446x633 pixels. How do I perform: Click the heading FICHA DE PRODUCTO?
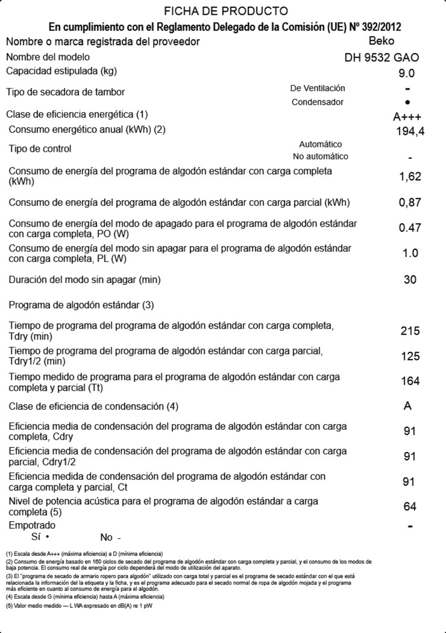(226, 11)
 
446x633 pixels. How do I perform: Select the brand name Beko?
(382, 41)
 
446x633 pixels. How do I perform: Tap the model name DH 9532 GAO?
(382, 58)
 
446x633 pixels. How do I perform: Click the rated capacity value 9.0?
(407, 73)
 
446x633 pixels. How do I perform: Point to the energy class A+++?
(407, 117)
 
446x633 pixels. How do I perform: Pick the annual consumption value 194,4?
(410, 132)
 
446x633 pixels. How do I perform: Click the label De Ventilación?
(318, 88)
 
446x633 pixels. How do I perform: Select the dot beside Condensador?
(407, 102)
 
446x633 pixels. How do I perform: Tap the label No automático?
(320, 156)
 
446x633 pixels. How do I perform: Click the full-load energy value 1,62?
(410, 177)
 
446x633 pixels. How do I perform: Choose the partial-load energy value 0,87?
(410, 203)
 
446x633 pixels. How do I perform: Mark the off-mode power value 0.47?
(410, 228)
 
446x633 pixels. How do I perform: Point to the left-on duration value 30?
(410, 280)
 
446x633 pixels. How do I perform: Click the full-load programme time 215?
(410, 331)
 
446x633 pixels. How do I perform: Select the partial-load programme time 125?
(410, 356)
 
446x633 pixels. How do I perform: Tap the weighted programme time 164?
(410, 381)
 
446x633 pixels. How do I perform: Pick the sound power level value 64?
(410, 506)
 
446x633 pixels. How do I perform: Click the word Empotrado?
(32, 525)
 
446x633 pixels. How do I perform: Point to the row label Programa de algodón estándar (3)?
(81, 305)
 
